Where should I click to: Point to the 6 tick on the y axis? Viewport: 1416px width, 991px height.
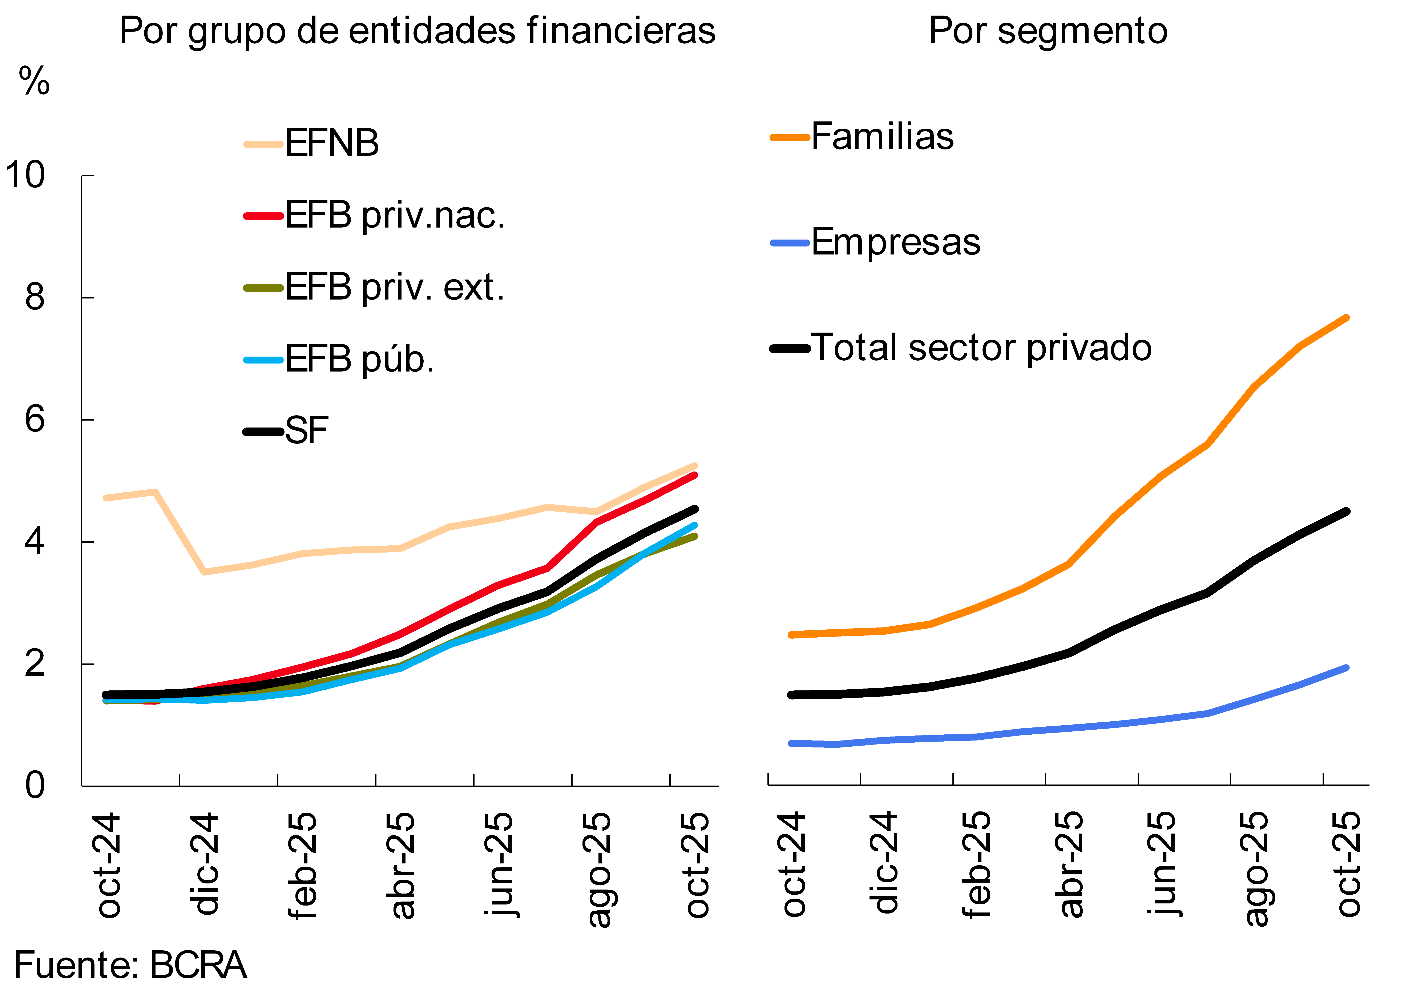coord(35,420)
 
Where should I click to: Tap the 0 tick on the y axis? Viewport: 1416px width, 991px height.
coord(35,786)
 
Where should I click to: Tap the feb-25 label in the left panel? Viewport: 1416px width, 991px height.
coord(302,865)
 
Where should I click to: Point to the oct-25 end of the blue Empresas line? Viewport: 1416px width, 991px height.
coord(1346,668)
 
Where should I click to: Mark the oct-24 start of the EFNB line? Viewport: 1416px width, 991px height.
coord(106,497)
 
